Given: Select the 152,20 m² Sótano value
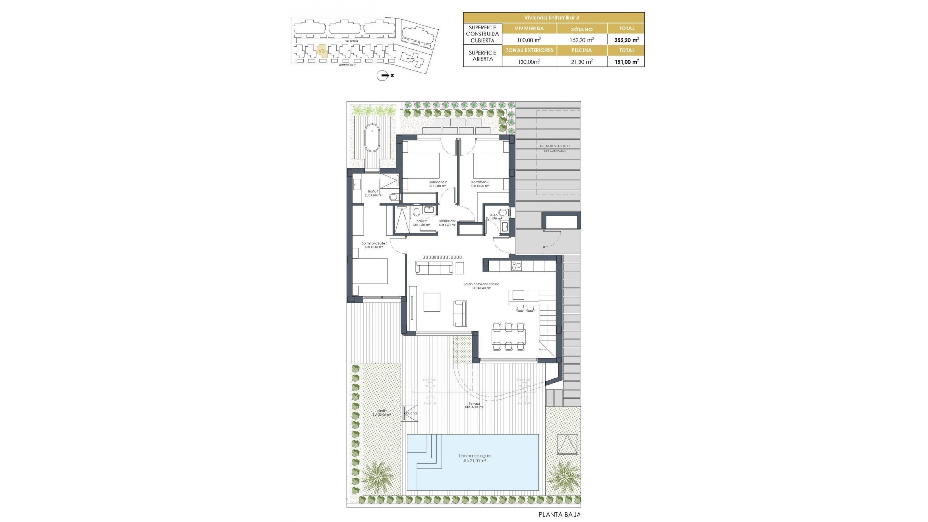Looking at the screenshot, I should point(581,40).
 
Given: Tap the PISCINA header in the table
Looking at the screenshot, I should point(581,50).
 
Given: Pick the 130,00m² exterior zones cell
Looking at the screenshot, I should point(529,61).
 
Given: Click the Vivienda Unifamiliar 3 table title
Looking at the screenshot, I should point(554,17).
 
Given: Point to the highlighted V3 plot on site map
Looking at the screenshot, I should point(321,50).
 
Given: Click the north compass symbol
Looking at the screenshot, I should point(382,76).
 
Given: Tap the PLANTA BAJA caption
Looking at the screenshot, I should point(560,514).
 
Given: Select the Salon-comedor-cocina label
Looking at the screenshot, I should point(481,284).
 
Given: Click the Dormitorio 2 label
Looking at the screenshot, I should point(437,182).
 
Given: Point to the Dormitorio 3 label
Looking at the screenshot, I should point(479,182).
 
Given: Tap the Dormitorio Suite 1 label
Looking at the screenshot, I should point(374,244).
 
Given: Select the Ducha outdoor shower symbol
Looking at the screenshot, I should point(410,413).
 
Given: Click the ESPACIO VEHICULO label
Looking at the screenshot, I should point(555,146).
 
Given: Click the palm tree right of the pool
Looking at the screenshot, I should point(562,477).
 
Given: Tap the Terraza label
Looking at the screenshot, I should point(474,404).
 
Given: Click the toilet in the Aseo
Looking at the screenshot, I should point(504,212).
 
